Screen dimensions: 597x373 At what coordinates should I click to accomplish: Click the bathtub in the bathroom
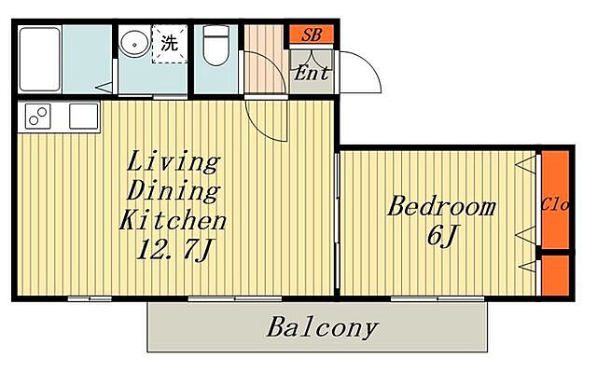pos(39,60)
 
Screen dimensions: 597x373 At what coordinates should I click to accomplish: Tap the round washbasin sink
pos(134,45)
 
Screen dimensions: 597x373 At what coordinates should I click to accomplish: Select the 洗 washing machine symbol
pos(170,44)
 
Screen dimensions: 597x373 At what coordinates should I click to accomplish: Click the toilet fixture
pos(215,46)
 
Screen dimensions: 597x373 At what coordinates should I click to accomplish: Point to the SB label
pos(312,35)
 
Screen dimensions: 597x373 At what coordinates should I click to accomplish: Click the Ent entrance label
pos(311,73)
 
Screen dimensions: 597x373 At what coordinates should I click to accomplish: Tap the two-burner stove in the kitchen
pos(38,116)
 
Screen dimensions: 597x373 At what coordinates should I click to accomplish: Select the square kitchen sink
pos(84,116)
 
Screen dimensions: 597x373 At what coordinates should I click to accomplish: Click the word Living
pos(174,161)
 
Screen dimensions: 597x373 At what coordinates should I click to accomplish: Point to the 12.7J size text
pos(174,249)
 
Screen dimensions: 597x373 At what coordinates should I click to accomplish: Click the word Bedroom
pos(441,207)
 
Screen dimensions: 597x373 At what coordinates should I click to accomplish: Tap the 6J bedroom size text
pos(441,236)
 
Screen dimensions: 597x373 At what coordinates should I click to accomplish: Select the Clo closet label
pos(555,205)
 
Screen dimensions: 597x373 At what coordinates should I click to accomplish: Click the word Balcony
pos(322,327)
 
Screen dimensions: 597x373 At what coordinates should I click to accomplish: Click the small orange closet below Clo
pos(555,275)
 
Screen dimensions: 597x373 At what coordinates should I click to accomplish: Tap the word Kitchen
pos(174,220)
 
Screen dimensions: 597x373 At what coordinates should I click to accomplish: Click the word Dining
pos(174,190)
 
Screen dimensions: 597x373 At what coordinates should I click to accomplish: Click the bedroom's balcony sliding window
pos(437,298)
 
